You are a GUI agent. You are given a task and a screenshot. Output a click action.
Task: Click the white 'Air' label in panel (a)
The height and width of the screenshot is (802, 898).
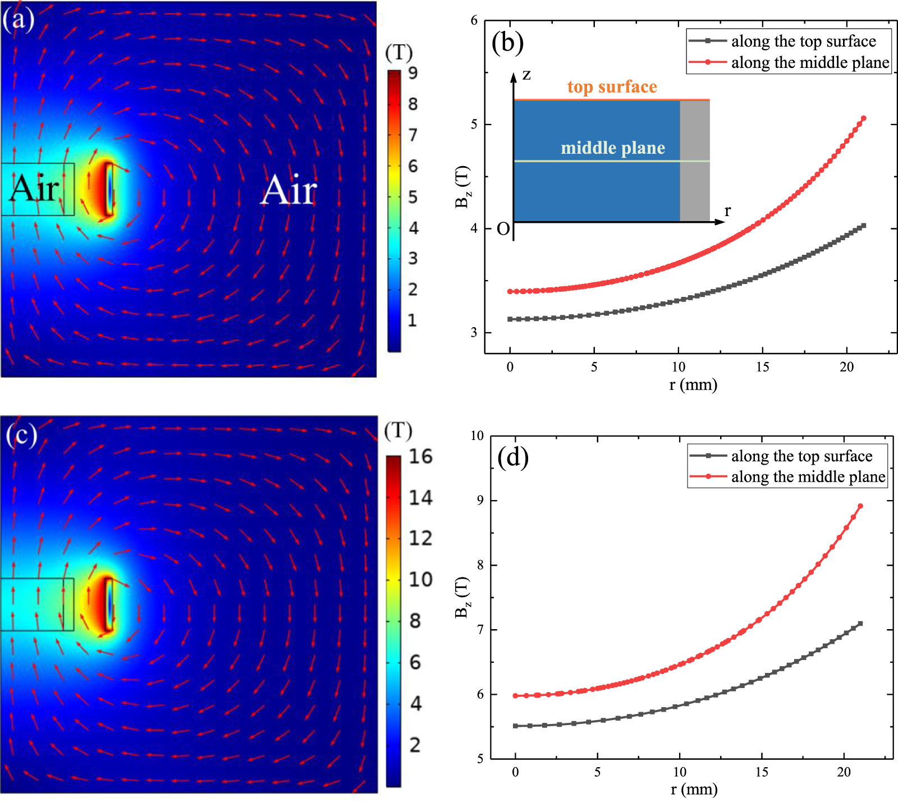coord(289,190)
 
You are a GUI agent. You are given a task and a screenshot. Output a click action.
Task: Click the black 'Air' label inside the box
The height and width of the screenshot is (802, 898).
coord(35,188)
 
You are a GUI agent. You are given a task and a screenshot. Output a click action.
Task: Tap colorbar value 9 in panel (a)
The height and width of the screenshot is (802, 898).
coord(413,73)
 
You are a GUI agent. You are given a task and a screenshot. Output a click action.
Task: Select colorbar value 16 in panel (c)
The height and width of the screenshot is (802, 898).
coord(420,456)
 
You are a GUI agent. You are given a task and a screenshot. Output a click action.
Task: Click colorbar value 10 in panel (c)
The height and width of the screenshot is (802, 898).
coord(420,579)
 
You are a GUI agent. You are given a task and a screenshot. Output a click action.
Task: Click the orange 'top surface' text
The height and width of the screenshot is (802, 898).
coord(612,87)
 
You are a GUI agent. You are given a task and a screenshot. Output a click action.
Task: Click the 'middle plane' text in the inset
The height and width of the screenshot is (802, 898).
coord(613,148)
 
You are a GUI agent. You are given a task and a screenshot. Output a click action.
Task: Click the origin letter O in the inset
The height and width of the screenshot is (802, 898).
coord(503,229)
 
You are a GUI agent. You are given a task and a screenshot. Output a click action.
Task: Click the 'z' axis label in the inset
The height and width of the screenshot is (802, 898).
coord(526,75)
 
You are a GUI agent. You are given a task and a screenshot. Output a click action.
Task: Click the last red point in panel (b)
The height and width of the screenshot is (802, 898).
coord(863,118)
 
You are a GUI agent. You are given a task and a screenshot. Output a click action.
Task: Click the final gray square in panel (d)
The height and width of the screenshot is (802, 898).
coord(860,624)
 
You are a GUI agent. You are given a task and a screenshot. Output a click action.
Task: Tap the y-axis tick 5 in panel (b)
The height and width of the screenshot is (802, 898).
coord(474,124)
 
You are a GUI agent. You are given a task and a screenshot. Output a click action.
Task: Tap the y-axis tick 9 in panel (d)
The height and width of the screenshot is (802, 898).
coord(480,500)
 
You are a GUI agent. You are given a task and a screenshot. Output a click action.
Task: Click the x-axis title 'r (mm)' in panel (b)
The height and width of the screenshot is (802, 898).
coord(693,385)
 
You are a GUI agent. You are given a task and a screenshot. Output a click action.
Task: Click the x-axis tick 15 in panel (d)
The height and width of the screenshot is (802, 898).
coord(762,772)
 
